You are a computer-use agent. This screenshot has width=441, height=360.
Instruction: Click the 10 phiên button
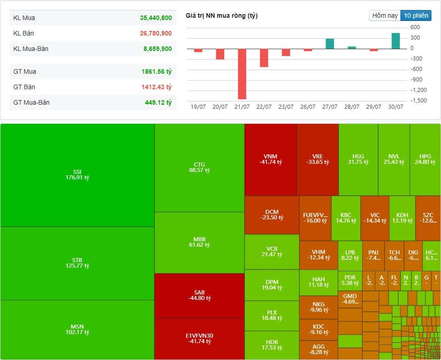(x=415, y=15)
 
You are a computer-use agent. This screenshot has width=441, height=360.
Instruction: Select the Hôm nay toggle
(x=385, y=15)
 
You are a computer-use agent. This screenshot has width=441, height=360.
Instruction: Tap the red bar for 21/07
(x=242, y=74)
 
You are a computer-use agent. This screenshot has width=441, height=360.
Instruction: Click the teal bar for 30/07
(x=395, y=41)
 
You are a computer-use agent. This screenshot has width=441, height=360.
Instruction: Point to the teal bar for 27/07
(x=330, y=44)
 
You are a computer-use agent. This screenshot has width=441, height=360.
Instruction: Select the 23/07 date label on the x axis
(x=286, y=107)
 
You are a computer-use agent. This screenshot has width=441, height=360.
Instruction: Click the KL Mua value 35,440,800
(x=156, y=18)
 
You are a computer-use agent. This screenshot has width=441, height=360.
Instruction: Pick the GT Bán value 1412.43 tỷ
(x=156, y=87)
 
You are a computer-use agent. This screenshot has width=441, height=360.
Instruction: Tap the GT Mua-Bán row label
(x=31, y=102)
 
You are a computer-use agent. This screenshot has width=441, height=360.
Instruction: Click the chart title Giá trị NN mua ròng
(x=221, y=16)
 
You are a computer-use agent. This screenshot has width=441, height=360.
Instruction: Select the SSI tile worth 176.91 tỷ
(x=77, y=175)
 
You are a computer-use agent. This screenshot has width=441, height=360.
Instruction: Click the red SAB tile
(x=200, y=295)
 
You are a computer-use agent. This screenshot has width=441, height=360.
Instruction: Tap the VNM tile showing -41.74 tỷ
(x=270, y=159)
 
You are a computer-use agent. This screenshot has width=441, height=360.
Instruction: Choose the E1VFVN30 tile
(x=200, y=339)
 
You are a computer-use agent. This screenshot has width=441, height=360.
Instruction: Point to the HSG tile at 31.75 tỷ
(x=358, y=159)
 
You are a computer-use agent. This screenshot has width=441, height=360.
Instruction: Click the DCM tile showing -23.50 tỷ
(x=272, y=215)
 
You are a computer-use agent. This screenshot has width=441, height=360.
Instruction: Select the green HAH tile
(x=318, y=282)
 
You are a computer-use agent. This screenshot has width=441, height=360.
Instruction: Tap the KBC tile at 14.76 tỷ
(x=346, y=218)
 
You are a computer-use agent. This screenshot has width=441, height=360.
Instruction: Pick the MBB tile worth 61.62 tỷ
(x=200, y=242)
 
